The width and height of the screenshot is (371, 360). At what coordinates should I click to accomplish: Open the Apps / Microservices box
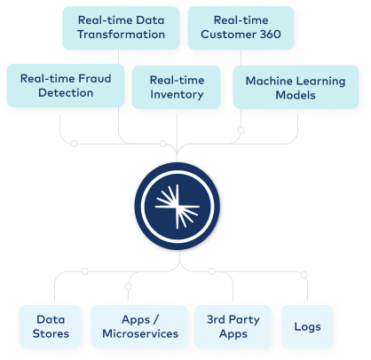pos(140,326)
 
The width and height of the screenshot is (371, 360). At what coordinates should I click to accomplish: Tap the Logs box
pos(306,326)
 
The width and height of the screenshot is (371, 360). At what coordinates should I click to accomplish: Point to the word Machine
pos(268,78)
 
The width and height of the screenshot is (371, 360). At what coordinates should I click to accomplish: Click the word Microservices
pos(140,335)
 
